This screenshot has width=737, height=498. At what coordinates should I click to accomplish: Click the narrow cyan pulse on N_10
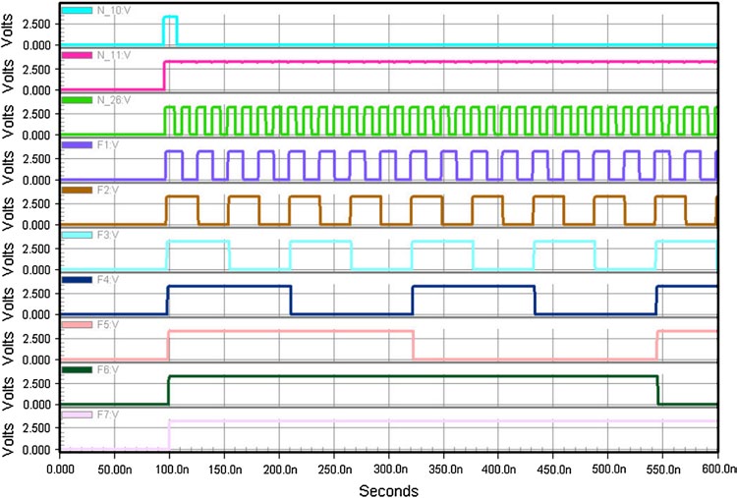pyautogui.click(x=170, y=29)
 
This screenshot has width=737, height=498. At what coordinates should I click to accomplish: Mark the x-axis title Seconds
pyautogui.click(x=389, y=488)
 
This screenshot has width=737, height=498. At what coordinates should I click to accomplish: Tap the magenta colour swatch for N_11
pyautogui.click(x=78, y=56)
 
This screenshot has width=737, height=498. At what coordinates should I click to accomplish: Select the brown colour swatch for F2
pyautogui.click(x=78, y=191)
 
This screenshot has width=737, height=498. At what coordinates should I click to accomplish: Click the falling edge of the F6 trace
pyautogui.click(x=657, y=390)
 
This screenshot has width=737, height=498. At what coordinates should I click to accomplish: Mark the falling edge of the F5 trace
pyautogui.click(x=414, y=345)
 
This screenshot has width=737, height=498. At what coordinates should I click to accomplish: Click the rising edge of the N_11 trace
pyautogui.click(x=164, y=76)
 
